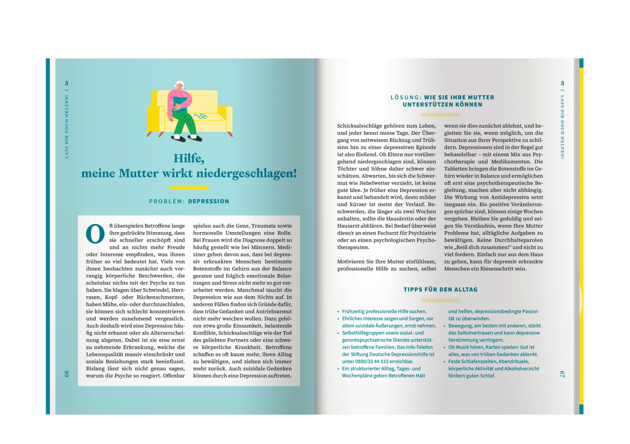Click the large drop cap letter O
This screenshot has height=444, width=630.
[x=95, y=234]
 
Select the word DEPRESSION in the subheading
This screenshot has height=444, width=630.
[x=209, y=201]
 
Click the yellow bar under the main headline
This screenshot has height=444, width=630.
[x=189, y=188]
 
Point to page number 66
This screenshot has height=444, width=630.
[x=66, y=374]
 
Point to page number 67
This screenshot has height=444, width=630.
[x=562, y=374]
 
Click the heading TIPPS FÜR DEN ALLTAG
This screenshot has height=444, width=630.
[x=440, y=289]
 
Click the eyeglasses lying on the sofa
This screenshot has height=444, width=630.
[x=200, y=116]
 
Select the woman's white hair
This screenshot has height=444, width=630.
[x=179, y=84]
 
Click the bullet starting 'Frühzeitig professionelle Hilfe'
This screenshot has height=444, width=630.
[x=384, y=312]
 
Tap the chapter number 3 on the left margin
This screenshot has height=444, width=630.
[x=66, y=83]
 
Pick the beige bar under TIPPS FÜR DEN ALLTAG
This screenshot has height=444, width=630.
[x=440, y=300]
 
